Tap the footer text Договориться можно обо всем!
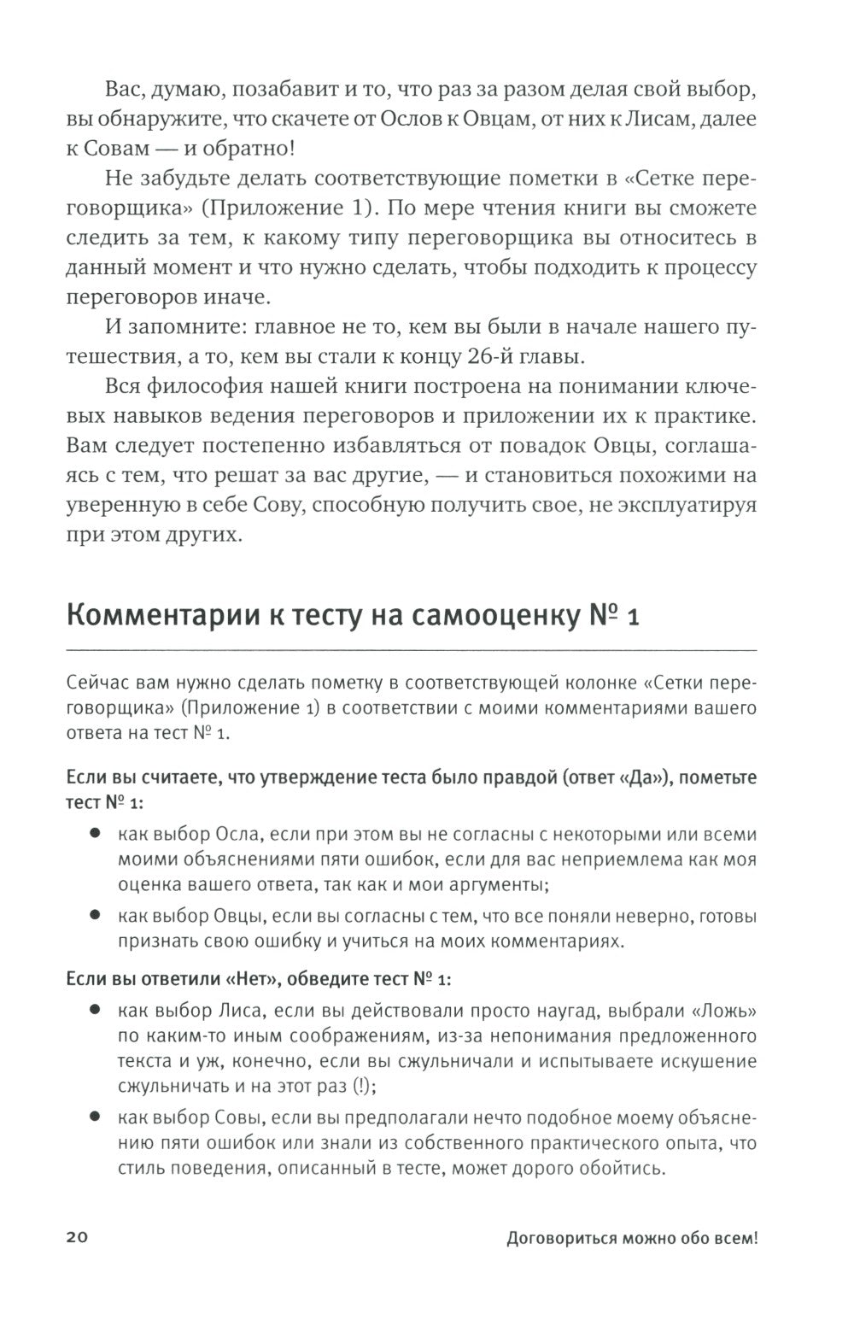coord(632,1240)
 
